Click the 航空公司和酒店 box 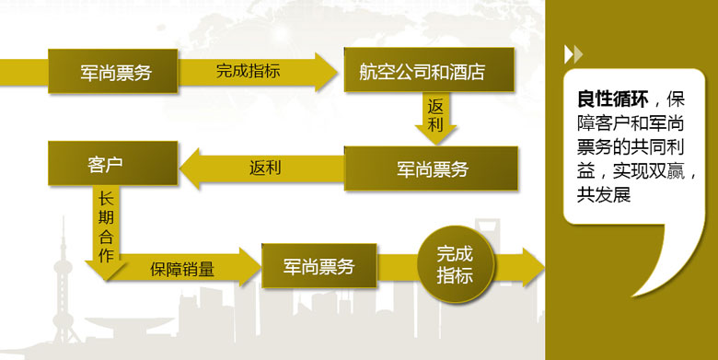click(x=429, y=70)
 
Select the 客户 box click(x=112, y=164)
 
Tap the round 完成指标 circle click(x=456, y=264)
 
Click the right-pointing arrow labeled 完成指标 click(x=258, y=72)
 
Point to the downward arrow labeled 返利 click(x=435, y=118)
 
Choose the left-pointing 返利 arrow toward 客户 click(x=262, y=168)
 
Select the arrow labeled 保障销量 click(x=183, y=268)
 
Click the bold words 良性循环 click(x=613, y=99)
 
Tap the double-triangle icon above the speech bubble click(x=573, y=54)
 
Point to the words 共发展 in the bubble click(x=604, y=194)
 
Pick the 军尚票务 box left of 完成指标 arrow click(x=112, y=72)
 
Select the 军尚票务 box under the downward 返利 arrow click(x=431, y=168)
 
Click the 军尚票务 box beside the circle click(x=319, y=266)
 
